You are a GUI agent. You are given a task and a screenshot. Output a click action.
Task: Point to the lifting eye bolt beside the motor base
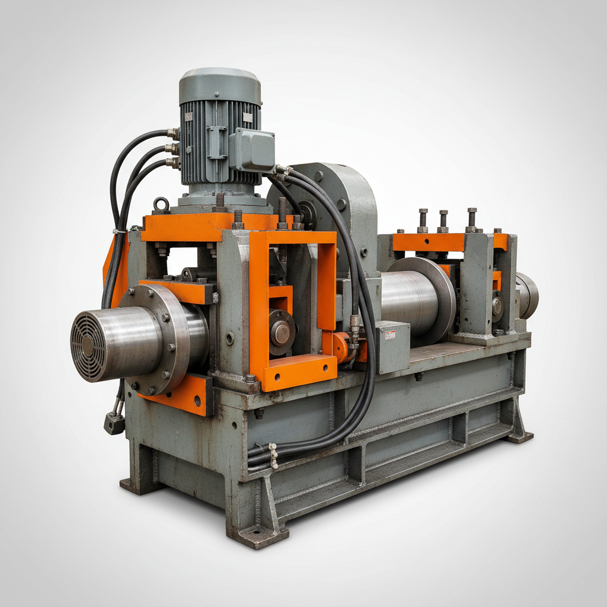161,205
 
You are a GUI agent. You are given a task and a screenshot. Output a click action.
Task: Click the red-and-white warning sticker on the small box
389,336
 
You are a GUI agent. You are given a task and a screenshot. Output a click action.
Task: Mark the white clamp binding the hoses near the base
273,455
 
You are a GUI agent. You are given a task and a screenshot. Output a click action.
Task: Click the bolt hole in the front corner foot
257,538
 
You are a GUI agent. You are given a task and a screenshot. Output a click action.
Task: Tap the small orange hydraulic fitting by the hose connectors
340,347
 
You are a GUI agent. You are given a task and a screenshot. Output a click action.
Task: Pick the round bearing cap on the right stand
497,306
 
